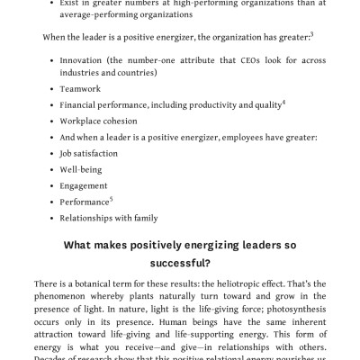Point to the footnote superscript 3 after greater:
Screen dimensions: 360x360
(310, 34)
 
